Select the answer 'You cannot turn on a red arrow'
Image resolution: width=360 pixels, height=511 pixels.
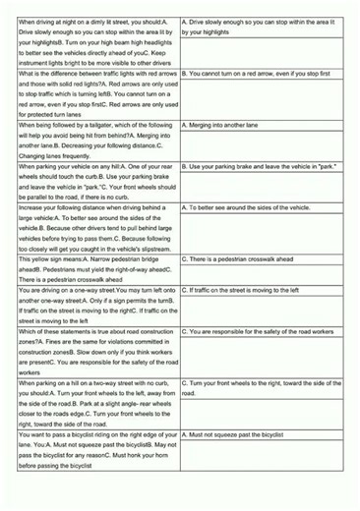[264, 74]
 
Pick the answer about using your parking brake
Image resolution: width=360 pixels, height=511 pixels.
[263, 167]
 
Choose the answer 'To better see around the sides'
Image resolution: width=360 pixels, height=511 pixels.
[258, 209]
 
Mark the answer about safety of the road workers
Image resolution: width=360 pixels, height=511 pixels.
[264, 332]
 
